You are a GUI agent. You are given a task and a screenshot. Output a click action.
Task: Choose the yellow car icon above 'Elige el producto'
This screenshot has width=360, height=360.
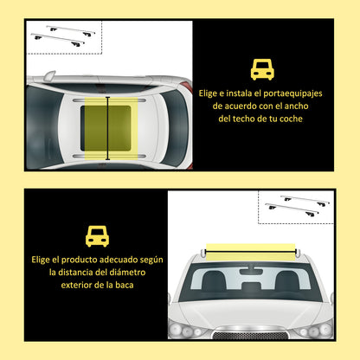(x=97, y=235)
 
